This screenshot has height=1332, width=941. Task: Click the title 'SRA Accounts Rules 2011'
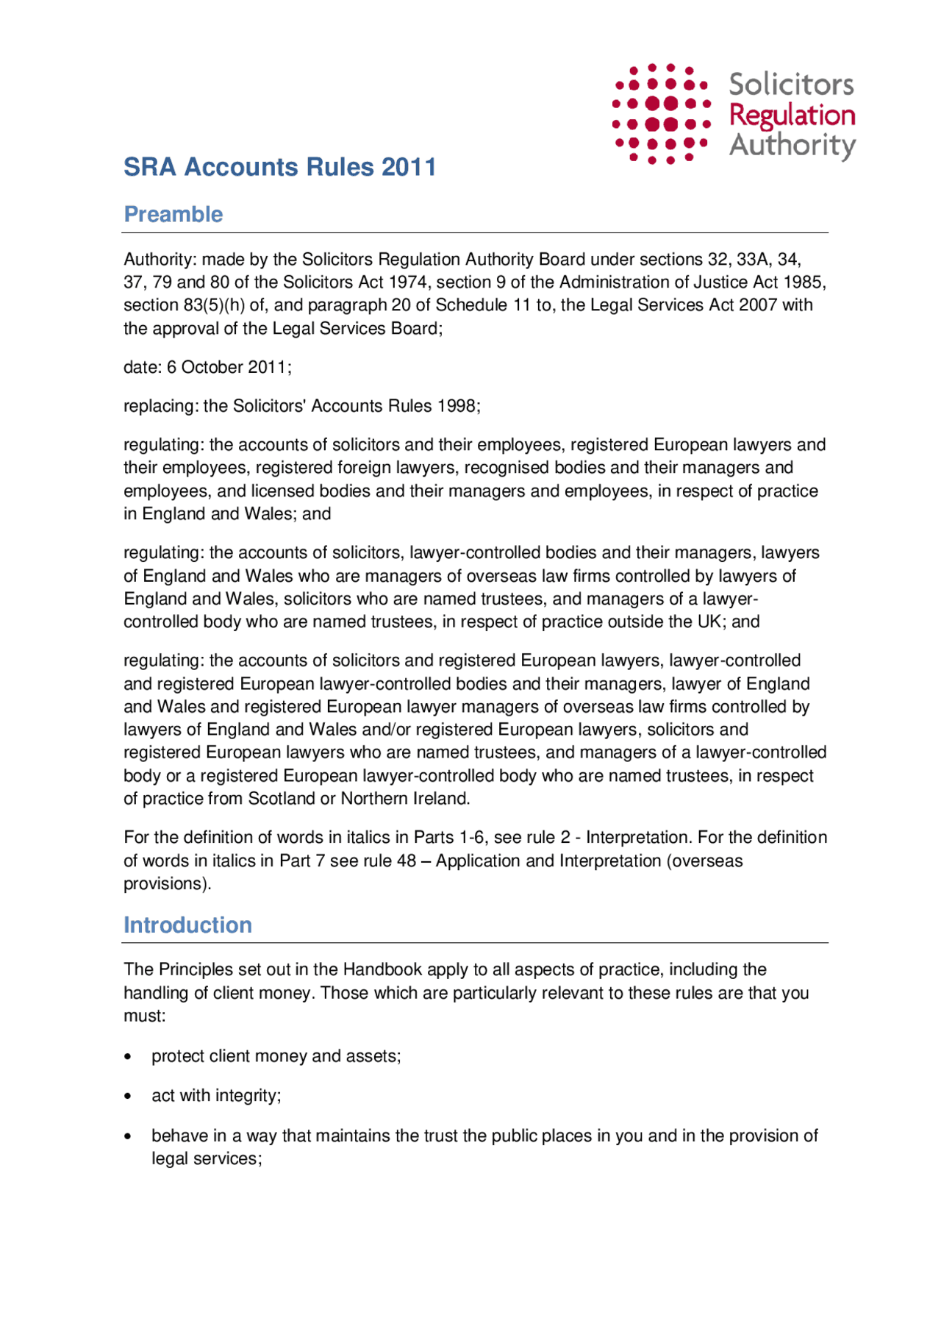pos(279,167)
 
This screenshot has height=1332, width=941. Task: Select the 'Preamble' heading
pos(173,214)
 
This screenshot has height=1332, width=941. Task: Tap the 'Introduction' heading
pos(187,925)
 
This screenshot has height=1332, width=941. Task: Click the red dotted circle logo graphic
pos(661,113)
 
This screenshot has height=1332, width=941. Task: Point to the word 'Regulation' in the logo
pos(792,115)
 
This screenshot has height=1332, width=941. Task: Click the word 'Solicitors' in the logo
pos(791,85)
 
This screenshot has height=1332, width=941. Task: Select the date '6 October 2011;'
pos(229,367)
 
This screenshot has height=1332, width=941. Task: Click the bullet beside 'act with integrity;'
pos(129,1097)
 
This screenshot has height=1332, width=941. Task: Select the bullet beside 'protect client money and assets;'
pos(129,1057)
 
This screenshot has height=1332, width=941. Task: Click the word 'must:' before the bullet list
pos(144,1016)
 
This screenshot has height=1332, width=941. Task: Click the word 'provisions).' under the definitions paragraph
pos(167,883)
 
